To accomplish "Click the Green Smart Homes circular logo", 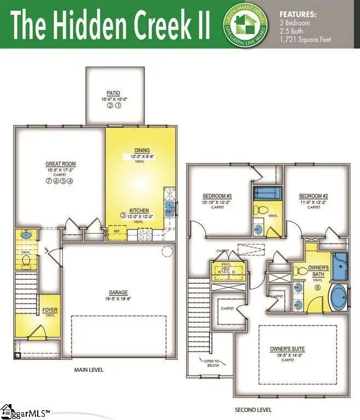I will click(x=244, y=25).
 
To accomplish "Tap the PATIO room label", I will click(x=114, y=94).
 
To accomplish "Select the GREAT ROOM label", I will click(x=60, y=164).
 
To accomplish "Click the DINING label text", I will click(x=142, y=150).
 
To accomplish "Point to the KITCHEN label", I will click(x=139, y=211).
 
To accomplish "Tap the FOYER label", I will click(x=50, y=311).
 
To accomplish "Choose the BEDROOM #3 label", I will click(x=217, y=196).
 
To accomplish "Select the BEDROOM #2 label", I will click(x=313, y=196).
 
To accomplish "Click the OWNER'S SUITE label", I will click(x=287, y=348).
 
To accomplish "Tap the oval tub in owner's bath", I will click(x=339, y=299).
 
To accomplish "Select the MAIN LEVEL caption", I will click(x=89, y=370).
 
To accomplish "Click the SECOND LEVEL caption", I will click(x=253, y=410).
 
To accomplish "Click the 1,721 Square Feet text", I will click(x=305, y=39).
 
